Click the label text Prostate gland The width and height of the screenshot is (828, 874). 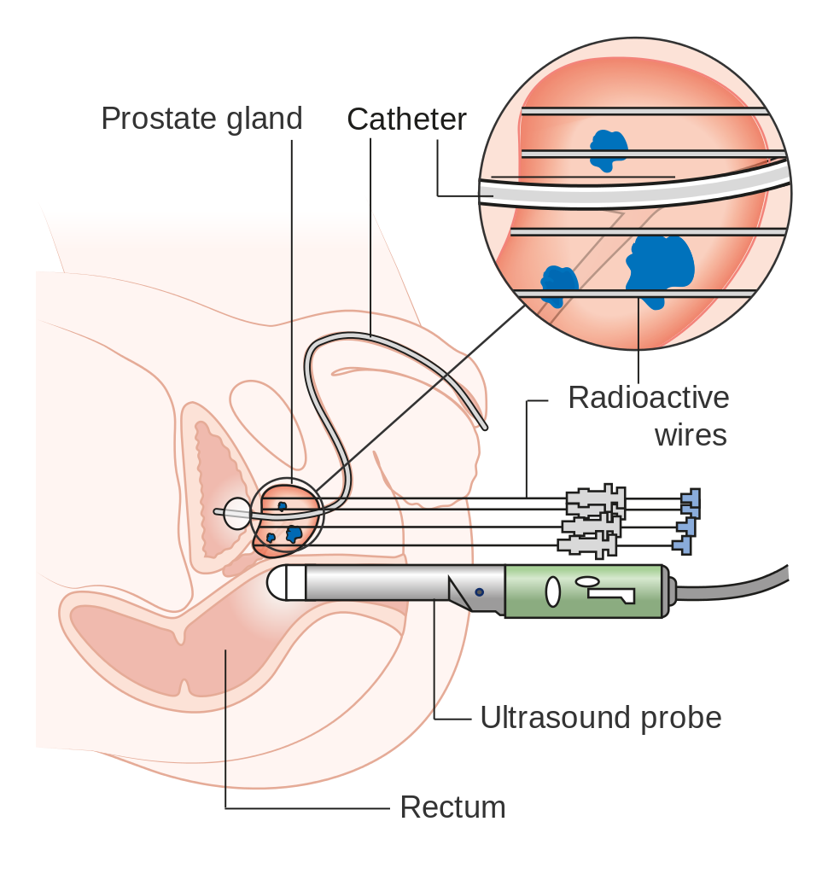coord(201,119)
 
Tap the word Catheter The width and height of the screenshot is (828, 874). coord(407,119)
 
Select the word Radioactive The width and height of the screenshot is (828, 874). coord(649,398)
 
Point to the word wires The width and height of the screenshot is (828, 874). coord(691,434)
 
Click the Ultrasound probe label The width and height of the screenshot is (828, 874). coord(600,718)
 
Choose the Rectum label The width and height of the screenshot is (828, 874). coord(452,807)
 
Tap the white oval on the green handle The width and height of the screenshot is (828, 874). coord(551,590)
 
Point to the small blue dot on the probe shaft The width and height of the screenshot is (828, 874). coord(479,591)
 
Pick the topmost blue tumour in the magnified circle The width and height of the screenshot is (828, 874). coord(609,149)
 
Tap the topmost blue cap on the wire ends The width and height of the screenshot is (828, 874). coord(690,497)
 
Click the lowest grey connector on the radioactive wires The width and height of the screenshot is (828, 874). coord(586,544)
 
